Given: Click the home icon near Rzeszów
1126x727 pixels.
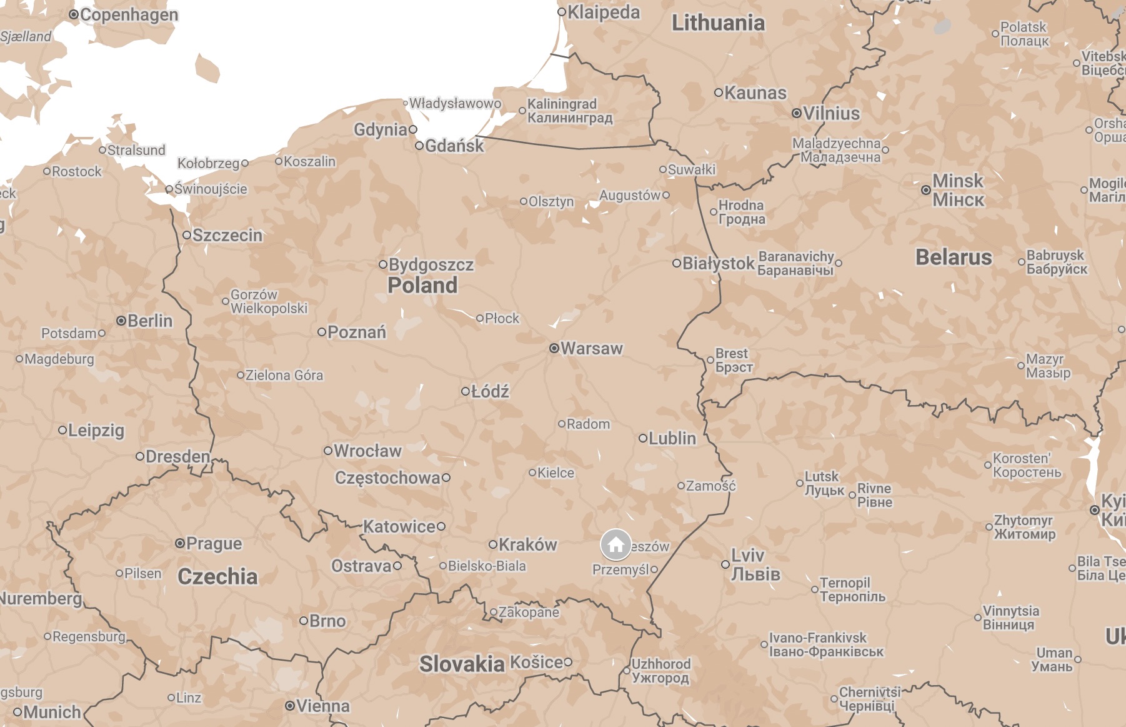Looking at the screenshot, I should tap(615, 545).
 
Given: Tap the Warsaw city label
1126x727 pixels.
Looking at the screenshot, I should tap(591, 348).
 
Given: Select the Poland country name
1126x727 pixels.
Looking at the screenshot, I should tap(422, 286).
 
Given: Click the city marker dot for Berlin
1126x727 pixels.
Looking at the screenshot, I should tap(121, 321).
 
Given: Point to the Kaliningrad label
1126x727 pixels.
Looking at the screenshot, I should tap(569, 111).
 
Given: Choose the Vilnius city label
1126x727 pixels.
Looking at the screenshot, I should tap(831, 113).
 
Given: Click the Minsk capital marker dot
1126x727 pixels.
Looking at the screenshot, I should tap(926, 189).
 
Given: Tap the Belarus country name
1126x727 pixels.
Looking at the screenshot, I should tap(954, 257).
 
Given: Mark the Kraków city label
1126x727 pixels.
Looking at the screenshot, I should tap(527, 544).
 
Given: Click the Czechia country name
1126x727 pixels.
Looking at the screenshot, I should tap(217, 576).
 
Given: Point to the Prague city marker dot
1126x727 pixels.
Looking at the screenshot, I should tap(180, 543).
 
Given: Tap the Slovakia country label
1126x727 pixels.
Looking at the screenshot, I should tap(462, 664).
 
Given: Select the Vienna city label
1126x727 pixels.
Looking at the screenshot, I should tap(322, 706).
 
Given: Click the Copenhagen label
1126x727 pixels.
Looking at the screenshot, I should tap(129, 14).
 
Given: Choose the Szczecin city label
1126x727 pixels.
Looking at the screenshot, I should tap(227, 235).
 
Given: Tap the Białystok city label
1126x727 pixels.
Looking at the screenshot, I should tap(718, 263).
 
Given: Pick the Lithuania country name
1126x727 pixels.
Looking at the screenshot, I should tap(718, 23).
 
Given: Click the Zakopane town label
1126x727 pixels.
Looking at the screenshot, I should tap(528, 612).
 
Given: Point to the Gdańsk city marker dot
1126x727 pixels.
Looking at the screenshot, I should tap(419, 146).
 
